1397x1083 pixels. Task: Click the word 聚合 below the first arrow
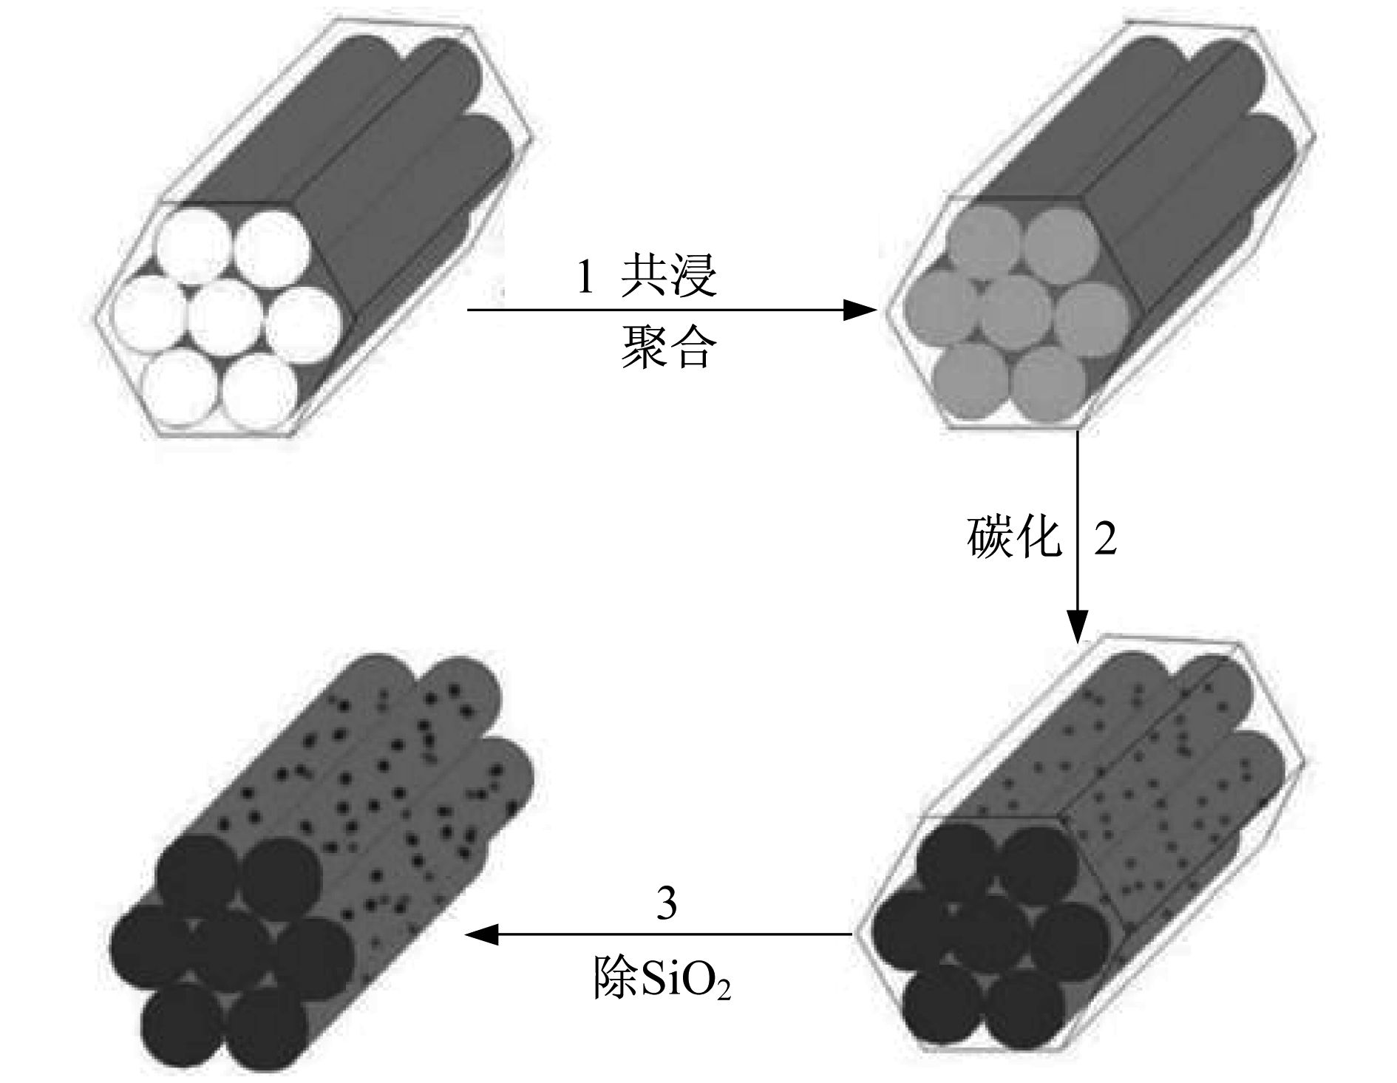(x=668, y=347)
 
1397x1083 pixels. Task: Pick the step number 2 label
(x=1104, y=539)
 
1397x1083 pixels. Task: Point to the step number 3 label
(x=667, y=903)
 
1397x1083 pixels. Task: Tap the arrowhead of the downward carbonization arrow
(x=1077, y=626)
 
